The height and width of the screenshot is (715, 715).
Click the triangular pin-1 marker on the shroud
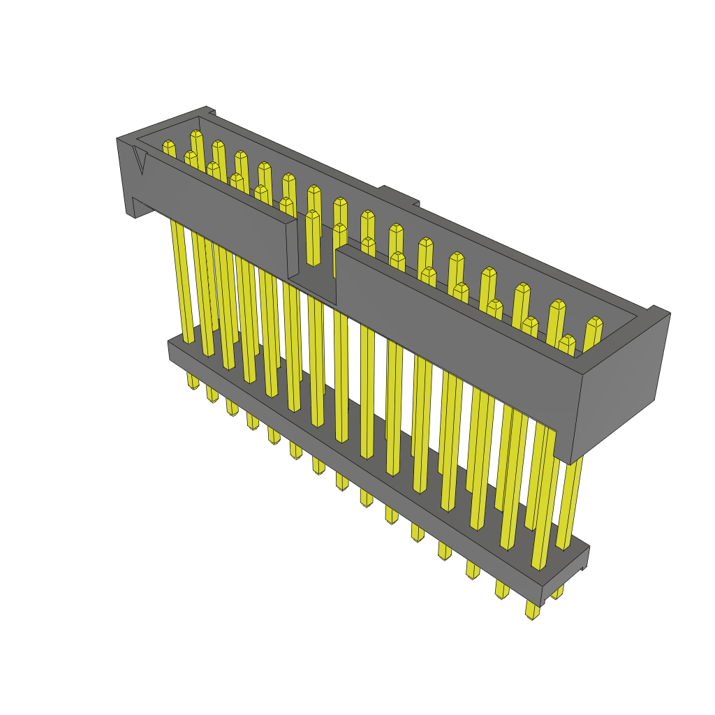click(140, 163)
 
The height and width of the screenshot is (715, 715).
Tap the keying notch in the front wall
click(313, 279)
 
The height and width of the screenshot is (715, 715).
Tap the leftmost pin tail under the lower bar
click(193, 381)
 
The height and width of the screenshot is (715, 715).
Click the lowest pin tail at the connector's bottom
click(532, 610)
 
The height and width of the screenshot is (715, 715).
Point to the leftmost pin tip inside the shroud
click(168, 147)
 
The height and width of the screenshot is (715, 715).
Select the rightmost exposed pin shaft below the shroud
click(569, 503)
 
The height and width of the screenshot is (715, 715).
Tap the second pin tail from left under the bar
click(212, 395)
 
